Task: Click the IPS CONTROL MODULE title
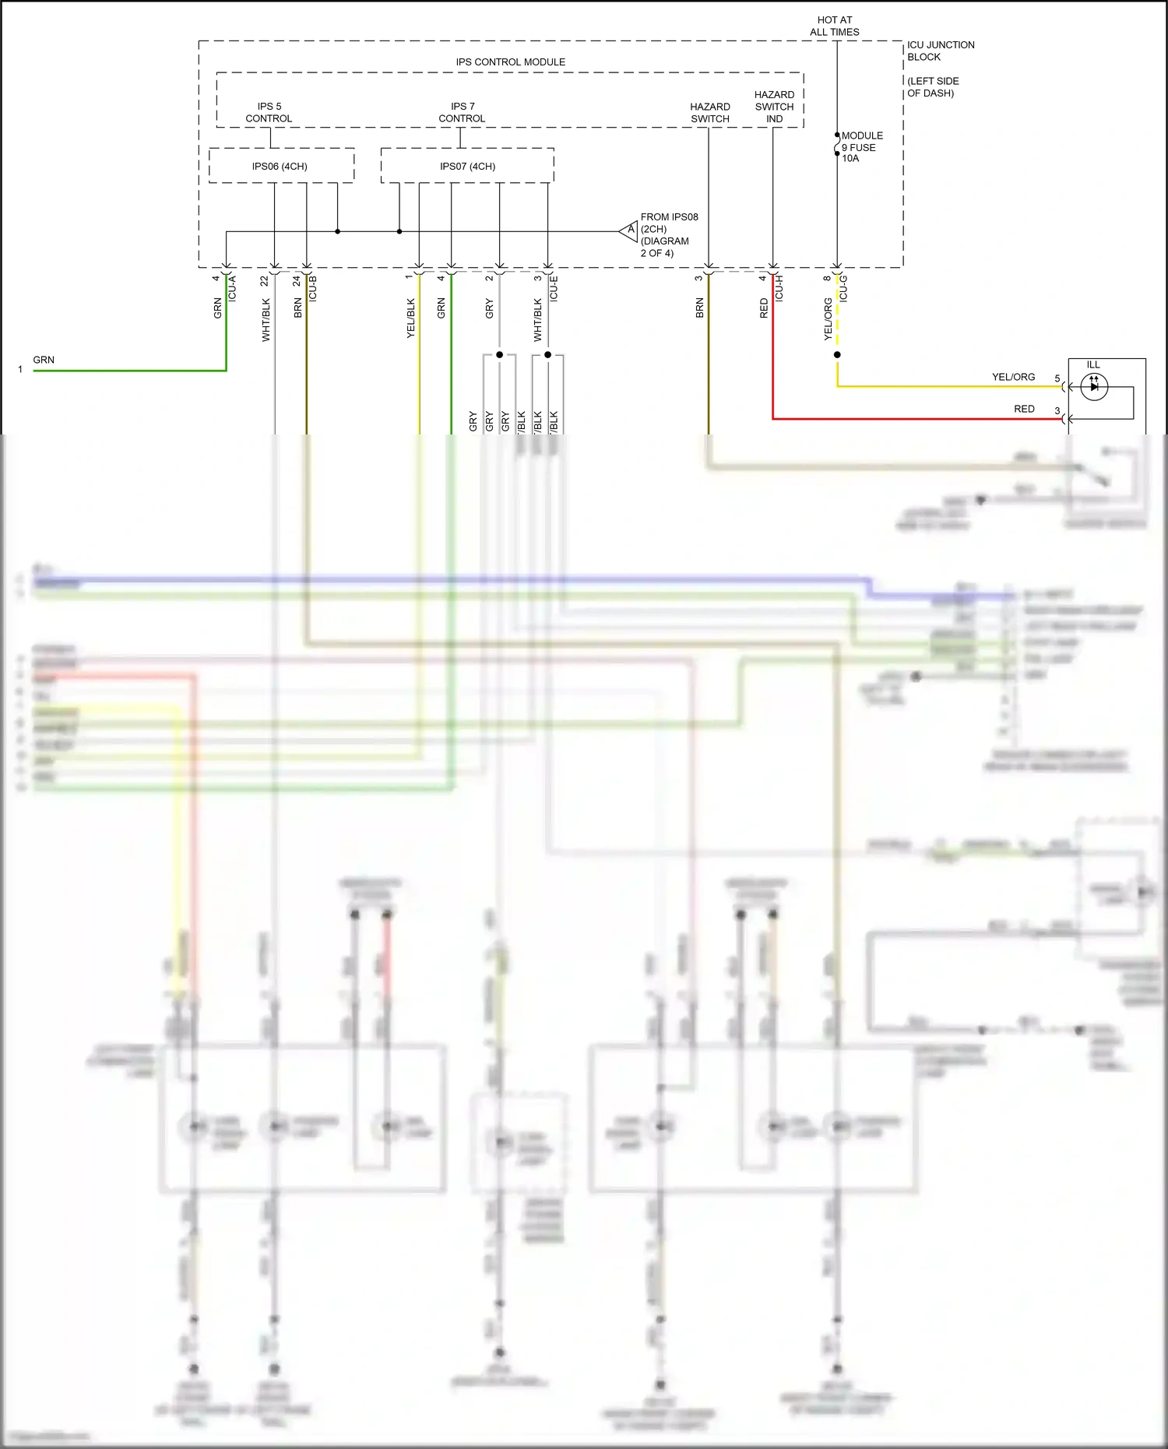(x=510, y=62)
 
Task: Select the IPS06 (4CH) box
(x=280, y=166)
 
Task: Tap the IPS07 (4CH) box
(x=467, y=166)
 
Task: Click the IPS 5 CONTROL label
(x=269, y=112)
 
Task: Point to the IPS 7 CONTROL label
(x=462, y=112)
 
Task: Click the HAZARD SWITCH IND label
(x=774, y=107)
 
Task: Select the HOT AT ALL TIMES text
(x=834, y=26)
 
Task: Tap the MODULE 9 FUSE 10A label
(x=861, y=146)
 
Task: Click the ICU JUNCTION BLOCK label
(x=940, y=51)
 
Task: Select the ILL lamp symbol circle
(x=1094, y=386)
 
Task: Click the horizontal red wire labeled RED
(x=919, y=419)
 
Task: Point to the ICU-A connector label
(x=232, y=288)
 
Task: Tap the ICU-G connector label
(x=843, y=288)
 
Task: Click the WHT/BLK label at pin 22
(x=266, y=319)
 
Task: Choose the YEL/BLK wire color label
(x=411, y=318)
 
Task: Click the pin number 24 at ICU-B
(x=297, y=280)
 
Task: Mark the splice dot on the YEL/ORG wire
(x=837, y=355)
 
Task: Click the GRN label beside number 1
(x=44, y=360)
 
